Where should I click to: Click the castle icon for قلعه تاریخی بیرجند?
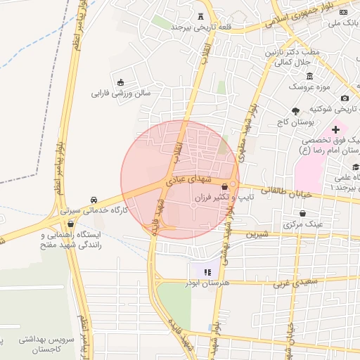pos(202,16)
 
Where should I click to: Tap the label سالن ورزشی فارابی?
pos(118,92)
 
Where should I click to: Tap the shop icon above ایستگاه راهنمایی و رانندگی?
pos(70,223)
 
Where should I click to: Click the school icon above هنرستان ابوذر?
pos(206,271)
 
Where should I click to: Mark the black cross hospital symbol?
pos(335,129)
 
